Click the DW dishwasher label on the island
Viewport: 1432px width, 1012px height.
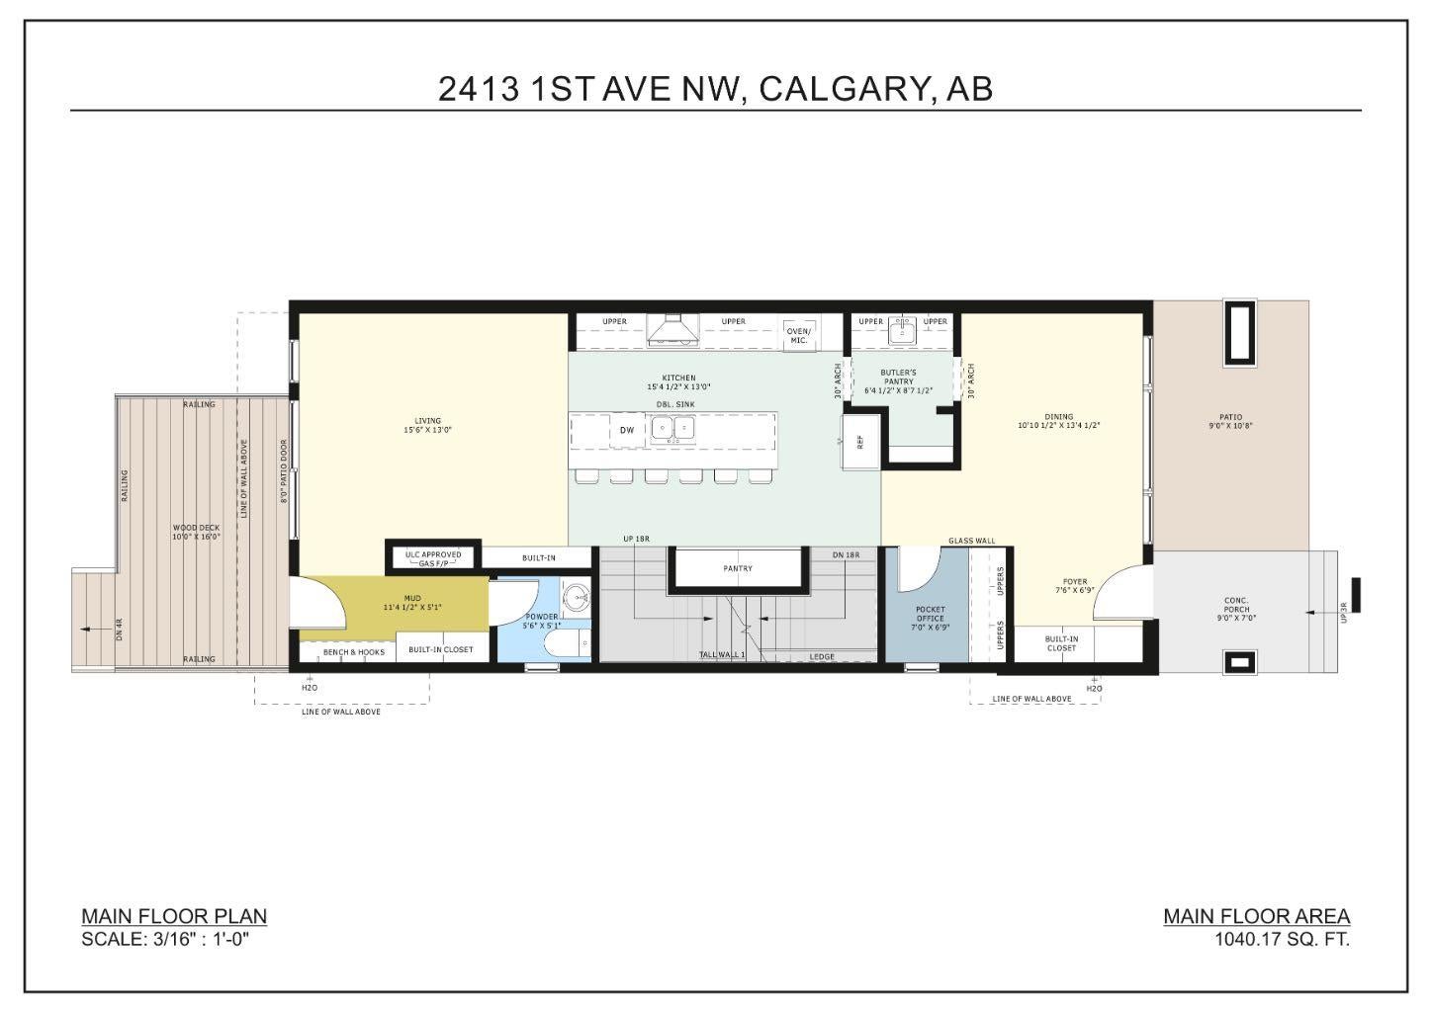(x=627, y=430)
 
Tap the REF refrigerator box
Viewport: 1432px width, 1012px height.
(x=860, y=442)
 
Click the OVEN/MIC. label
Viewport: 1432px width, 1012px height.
(x=798, y=335)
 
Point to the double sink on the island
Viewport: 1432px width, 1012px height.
(x=673, y=428)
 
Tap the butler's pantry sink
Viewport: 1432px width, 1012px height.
(x=903, y=330)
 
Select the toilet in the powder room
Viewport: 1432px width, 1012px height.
(x=568, y=642)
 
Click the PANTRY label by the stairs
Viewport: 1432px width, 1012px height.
(x=738, y=568)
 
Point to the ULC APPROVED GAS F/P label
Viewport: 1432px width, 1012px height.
(x=433, y=559)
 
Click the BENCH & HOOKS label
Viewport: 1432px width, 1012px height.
(x=353, y=652)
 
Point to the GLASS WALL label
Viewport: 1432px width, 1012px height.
(x=971, y=541)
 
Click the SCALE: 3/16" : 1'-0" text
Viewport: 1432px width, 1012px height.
(x=164, y=939)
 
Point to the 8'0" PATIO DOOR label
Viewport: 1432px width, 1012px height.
(x=284, y=470)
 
